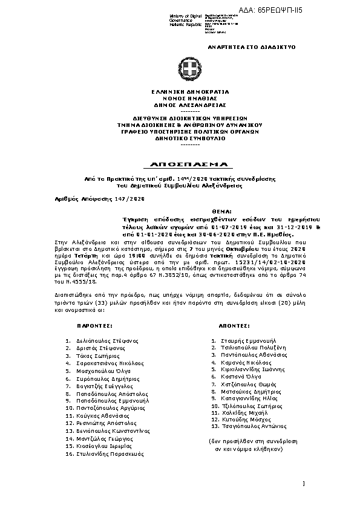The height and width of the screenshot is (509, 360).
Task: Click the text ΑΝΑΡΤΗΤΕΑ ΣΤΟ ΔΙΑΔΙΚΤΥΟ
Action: pos(244,45)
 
